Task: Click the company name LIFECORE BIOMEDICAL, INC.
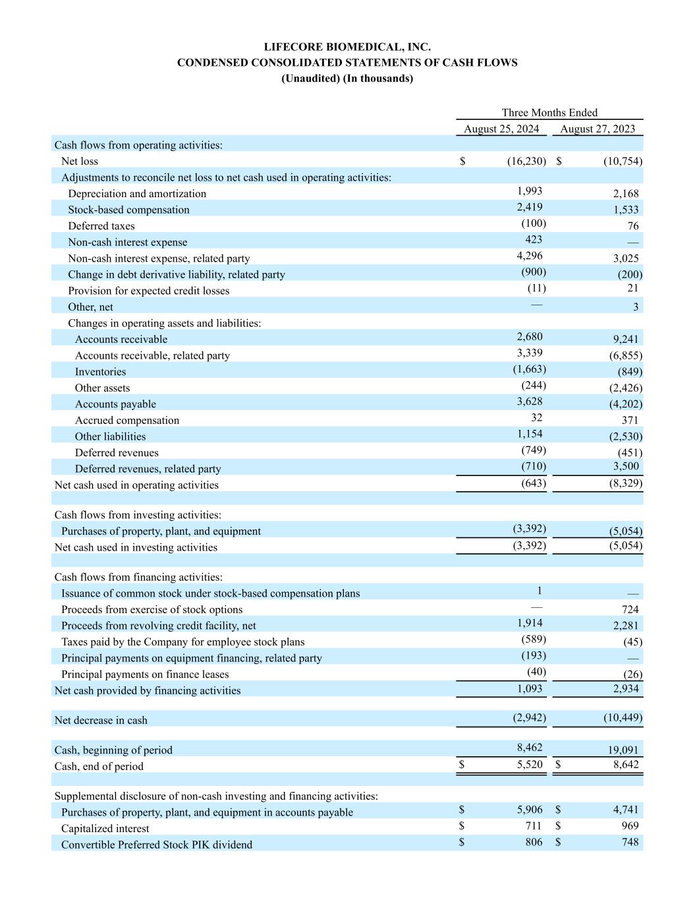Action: click(347, 47)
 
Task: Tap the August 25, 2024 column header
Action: click(501, 129)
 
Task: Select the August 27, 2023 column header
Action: click(598, 129)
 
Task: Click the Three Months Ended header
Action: click(549, 113)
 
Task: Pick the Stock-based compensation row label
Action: click(128, 210)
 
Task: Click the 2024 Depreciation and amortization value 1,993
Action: click(530, 191)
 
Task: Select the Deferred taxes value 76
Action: click(632, 226)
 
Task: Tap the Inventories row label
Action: click(100, 372)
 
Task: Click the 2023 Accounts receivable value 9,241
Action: click(625, 340)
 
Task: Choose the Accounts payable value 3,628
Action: click(530, 402)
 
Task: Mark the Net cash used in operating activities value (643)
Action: click(533, 483)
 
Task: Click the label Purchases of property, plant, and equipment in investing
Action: click(161, 531)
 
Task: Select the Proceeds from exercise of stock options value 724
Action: click(630, 610)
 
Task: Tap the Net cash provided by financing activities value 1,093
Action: click(530, 688)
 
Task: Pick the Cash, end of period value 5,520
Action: click(530, 765)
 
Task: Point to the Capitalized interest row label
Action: click(105, 829)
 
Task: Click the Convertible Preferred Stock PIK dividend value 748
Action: click(630, 842)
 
